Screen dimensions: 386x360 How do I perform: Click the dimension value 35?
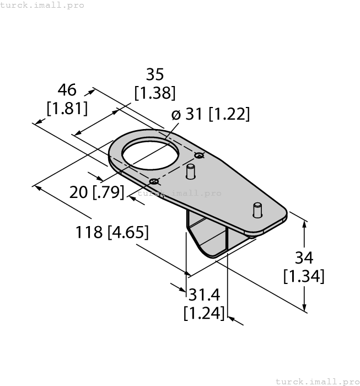[155, 74]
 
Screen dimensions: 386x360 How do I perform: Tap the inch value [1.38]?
[155, 93]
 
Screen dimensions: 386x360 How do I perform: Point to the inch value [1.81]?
[67, 109]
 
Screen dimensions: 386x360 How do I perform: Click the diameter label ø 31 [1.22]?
[210, 114]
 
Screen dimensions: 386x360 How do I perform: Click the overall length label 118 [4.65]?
[112, 233]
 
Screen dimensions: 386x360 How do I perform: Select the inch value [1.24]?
[205, 313]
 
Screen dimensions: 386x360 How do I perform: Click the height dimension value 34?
[304, 257]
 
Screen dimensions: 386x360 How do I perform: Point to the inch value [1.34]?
[304, 276]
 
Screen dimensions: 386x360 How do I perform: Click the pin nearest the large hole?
[191, 171]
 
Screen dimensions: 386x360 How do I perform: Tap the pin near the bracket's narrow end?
[256, 210]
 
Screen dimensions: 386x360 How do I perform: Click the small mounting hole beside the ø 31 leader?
[199, 155]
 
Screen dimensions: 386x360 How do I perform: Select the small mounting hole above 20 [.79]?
[154, 181]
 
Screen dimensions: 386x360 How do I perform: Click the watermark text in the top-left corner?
[42, 5]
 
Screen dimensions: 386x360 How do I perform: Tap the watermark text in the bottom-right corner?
[316, 381]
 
